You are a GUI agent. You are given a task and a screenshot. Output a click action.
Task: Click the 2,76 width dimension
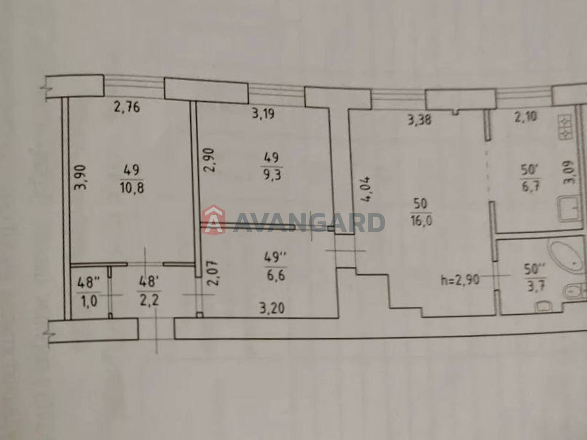(127, 107)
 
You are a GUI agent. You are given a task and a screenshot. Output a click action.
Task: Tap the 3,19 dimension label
(263, 114)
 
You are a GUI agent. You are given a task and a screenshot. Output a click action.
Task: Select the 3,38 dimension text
(420, 120)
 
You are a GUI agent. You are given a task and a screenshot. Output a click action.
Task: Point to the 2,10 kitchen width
(525, 117)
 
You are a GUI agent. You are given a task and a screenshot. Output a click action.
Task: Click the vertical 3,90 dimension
(80, 177)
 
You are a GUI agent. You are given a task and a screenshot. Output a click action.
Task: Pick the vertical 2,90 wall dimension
(209, 160)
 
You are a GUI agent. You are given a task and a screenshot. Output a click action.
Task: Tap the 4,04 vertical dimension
(365, 189)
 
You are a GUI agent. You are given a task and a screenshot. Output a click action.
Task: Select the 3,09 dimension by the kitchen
(570, 173)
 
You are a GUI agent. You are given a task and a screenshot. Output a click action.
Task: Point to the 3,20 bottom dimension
(272, 309)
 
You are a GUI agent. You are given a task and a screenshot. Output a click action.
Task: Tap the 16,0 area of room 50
(421, 221)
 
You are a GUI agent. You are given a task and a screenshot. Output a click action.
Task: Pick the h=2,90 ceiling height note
(460, 280)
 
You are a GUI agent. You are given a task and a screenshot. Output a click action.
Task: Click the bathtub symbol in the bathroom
(565, 256)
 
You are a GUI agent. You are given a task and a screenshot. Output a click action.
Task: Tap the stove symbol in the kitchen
(565, 126)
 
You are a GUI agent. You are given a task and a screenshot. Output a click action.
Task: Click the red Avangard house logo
(213, 220)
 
